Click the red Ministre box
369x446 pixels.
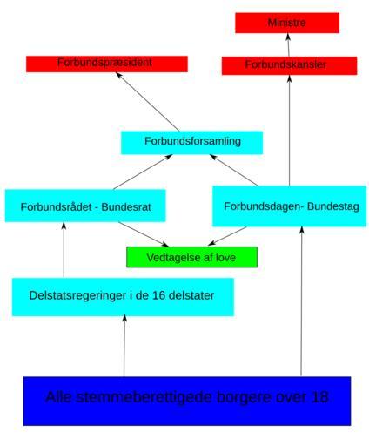[x=287, y=23]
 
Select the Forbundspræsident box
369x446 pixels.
[x=107, y=64]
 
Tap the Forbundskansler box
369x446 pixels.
[x=289, y=65]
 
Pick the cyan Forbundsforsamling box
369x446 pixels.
[x=191, y=143]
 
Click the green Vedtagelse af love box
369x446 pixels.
[x=191, y=257]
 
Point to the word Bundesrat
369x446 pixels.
[x=126, y=207]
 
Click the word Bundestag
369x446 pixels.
[x=333, y=206]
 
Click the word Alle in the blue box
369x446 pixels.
[x=58, y=397]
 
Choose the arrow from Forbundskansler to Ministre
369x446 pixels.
[x=288, y=45]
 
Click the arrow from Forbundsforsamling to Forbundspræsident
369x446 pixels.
[x=147, y=102]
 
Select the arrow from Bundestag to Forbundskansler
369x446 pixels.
[x=289, y=131]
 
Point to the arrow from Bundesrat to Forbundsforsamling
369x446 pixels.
[x=143, y=172]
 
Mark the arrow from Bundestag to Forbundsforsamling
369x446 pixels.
[x=233, y=170]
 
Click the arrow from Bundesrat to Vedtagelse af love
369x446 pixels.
[x=144, y=234]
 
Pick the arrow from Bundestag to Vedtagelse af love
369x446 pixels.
[x=227, y=236]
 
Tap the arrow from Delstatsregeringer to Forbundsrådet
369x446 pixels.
[x=64, y=250]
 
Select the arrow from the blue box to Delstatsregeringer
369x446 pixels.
[x=124, y=346]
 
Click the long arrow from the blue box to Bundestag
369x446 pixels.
[x=301, y=301]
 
